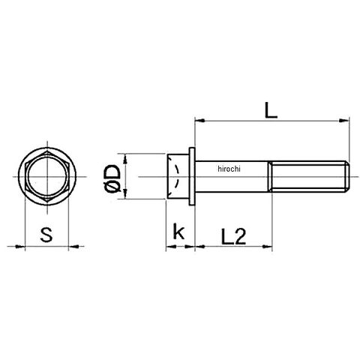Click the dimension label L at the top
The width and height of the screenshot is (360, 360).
[x=271, y=110]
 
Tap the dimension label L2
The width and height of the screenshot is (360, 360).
[x=233, y=236]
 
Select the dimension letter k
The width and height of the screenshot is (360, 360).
[x=178, y=232]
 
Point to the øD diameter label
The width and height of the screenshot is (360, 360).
[x=112, y=178]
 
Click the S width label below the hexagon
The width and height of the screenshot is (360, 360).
[x=46, y=235]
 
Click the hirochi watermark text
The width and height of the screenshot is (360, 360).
[x=229, y=169]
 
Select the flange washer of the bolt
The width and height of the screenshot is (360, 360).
[x=192, y=176]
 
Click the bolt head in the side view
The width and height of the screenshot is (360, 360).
[x=178, y=176]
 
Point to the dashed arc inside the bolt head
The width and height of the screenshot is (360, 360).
[x=178, y=176]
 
